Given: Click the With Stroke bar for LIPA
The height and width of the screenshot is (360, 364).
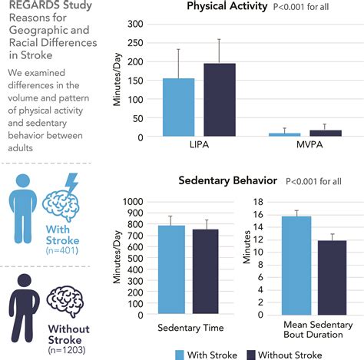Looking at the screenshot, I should pyautogui.click(x=178, y=107).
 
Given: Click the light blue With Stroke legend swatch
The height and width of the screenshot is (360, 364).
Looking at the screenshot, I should pyautogui.click(x=181, y=354).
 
